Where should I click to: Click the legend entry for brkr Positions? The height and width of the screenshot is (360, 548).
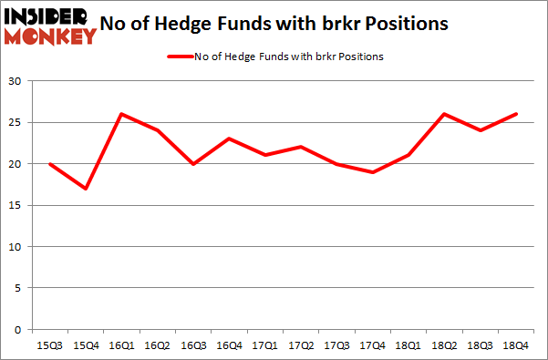274,57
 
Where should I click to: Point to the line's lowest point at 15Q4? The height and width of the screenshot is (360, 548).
86,189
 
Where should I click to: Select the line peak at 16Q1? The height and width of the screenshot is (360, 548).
121,114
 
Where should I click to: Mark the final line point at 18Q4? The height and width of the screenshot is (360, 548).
516,114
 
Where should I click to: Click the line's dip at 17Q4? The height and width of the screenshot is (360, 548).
373,172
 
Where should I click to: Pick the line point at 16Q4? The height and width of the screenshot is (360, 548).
230,139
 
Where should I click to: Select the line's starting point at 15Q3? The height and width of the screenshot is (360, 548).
49,164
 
